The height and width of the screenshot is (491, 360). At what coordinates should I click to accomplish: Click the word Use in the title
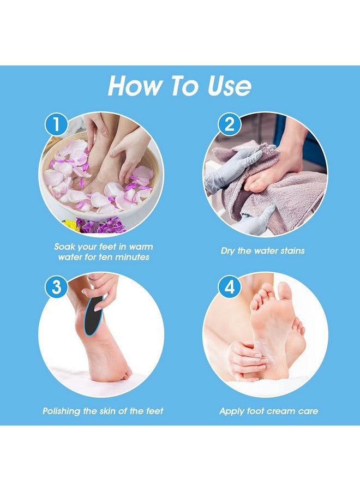point(227,86)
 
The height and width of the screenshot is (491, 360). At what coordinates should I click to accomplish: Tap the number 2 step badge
point(230,125)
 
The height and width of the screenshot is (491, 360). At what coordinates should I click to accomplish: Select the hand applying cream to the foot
point(245,360)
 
